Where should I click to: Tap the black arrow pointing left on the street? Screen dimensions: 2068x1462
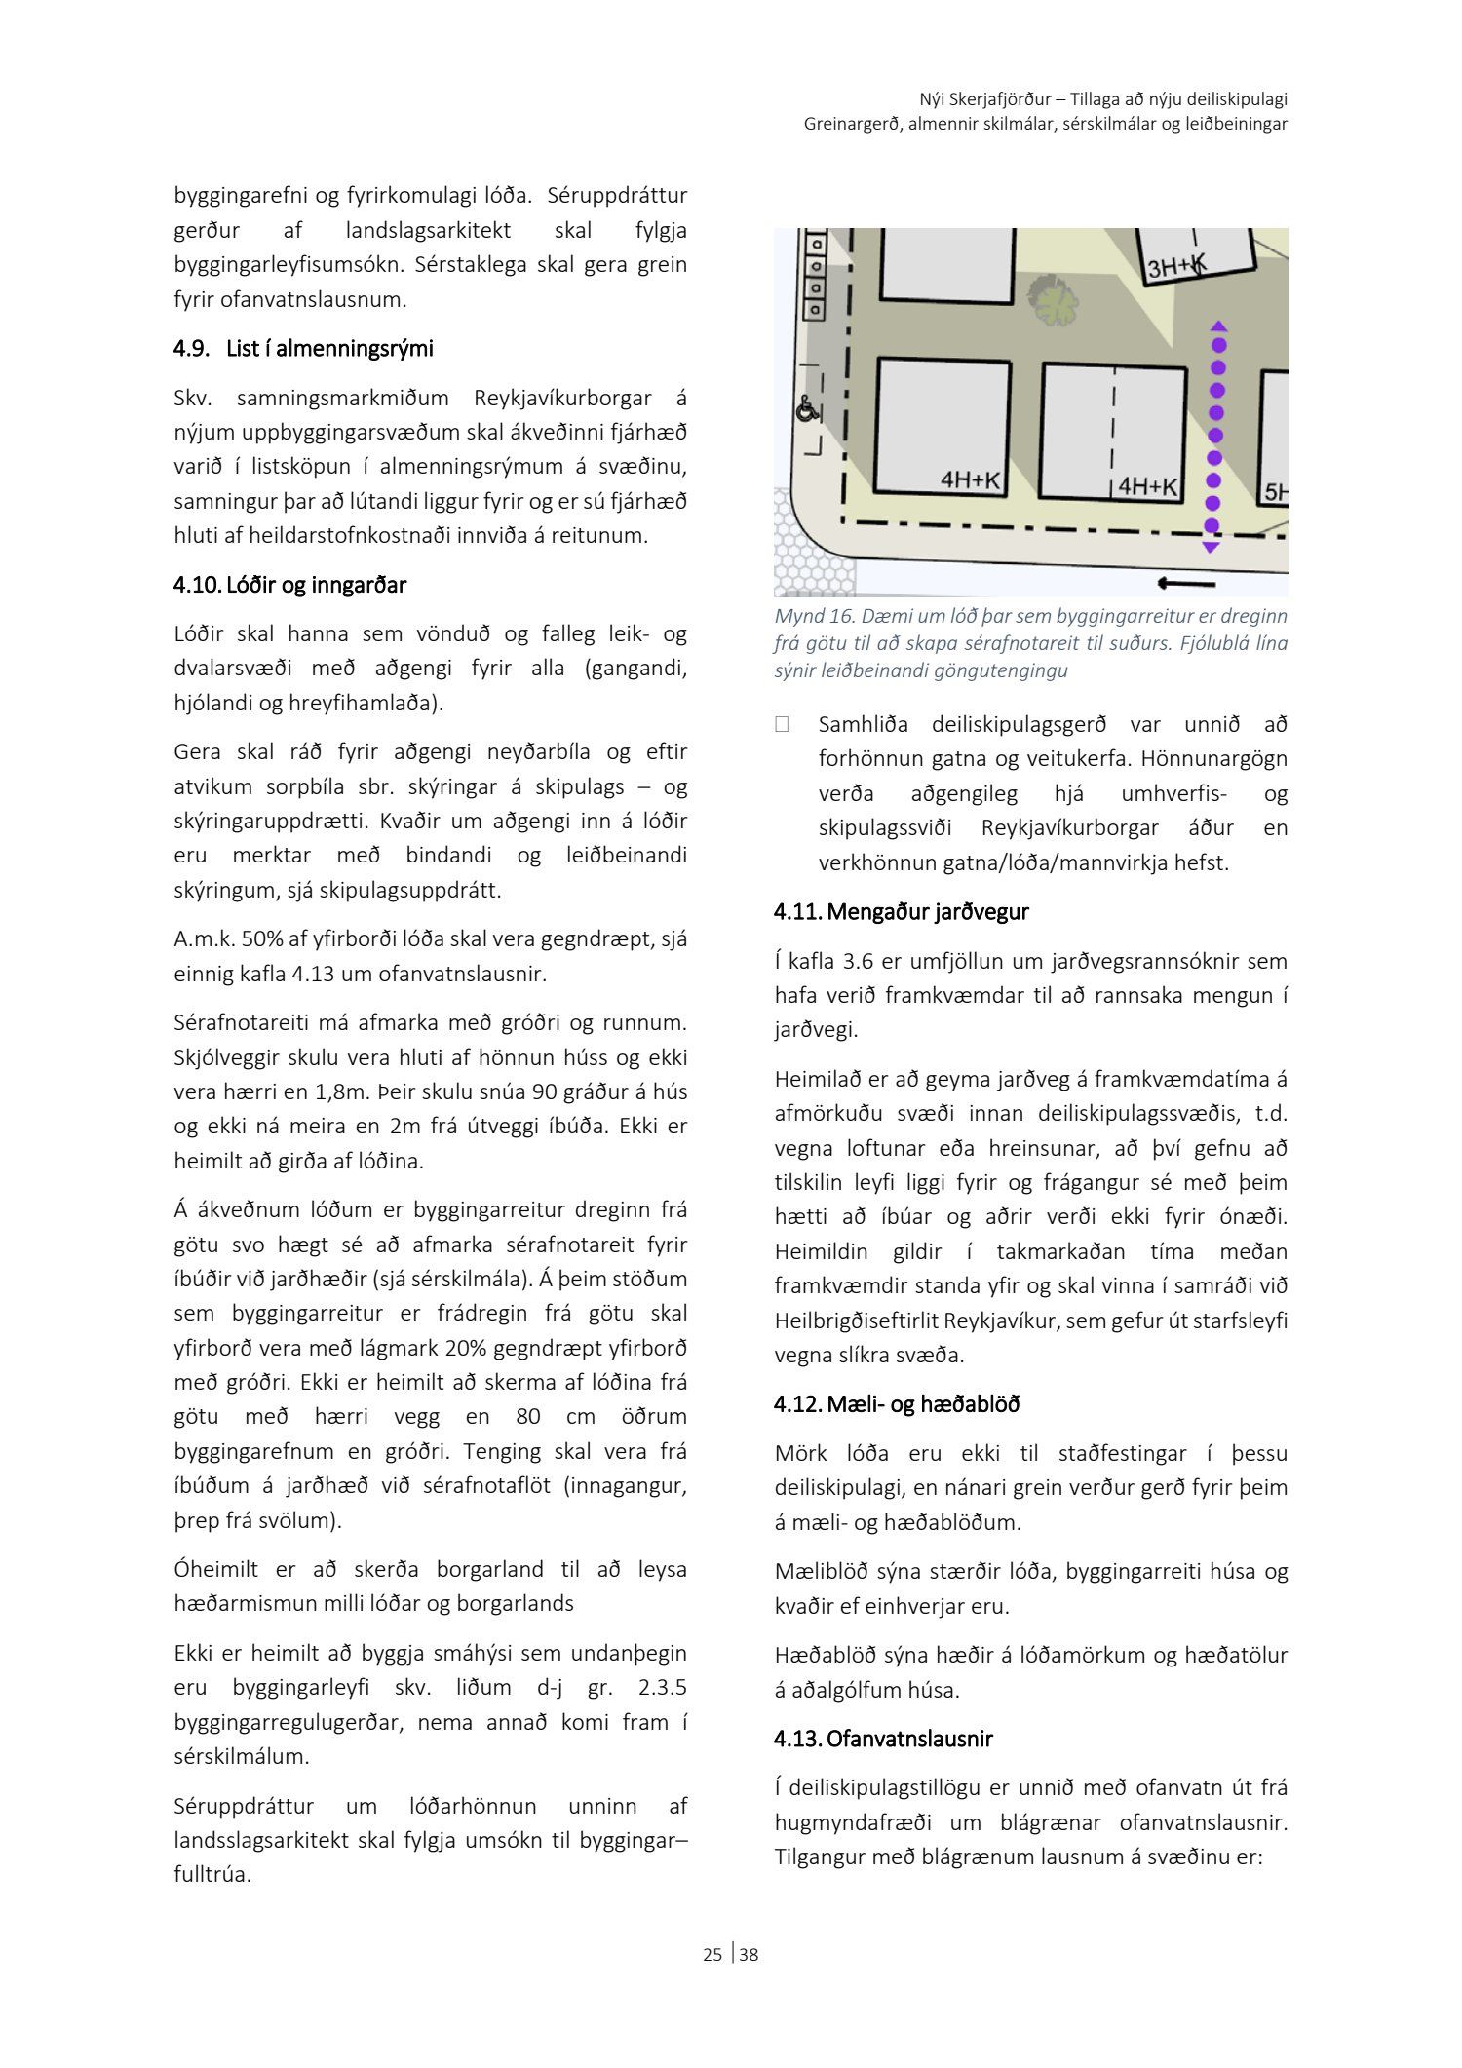pyautogui.click(x=1185, y=584)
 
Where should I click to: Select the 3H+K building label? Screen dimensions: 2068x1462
pyautogui.click(x=1176, y=265)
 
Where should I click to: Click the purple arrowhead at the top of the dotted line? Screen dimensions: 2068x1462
pyautogui.click(x=1218, y=326)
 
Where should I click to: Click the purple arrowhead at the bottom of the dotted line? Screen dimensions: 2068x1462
pyautogui.click(x=1212, y=548)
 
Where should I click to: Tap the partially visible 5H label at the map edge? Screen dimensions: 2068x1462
pyautogui.click(x=1275, y=493)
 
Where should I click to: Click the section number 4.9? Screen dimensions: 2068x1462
pyautogui.click(x=191, y=349)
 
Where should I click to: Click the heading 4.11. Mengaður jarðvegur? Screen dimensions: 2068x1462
pyautogui.click(x=901, y=912)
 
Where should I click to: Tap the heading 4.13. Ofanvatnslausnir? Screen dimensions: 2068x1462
pyautogui.click(x=883, y=1739)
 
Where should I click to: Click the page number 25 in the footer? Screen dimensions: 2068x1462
pyautogui.click(x=712, y=1954)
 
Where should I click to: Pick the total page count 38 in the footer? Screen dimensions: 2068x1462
pyautogui.click(x=749, y=1954)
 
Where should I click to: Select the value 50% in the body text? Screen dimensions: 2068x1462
pyautogui.click(x=261, y=939)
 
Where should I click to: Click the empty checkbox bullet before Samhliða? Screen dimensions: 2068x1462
pyautogui.click(x=782, y=724)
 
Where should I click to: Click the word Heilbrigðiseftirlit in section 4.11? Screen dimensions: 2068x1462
pyautogui.click(x=860, y=1321)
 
